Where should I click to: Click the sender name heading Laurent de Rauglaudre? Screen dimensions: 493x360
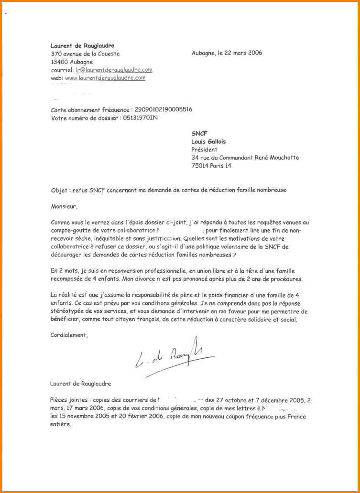pos(82,45)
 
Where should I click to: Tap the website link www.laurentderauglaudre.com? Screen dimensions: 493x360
pos(105,77)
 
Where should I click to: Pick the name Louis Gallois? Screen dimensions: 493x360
pos(208,141)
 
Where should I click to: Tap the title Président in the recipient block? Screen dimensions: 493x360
pos(204,150)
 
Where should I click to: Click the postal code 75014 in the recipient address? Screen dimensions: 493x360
pos(200,166)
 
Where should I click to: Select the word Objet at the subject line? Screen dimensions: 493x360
pos(59,190)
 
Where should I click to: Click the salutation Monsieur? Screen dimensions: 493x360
pos(63,207)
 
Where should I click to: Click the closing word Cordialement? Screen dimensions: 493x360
pos(69,335)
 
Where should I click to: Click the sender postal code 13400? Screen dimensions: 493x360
pos(59,62)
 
